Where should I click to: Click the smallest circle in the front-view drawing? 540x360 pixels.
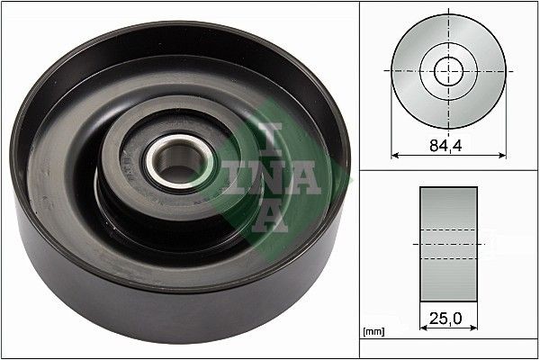[x=448, y=70]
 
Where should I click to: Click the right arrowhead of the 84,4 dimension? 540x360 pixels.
[x=501, y=155]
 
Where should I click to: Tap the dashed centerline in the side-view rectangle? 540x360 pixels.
[x=448, y=243]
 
